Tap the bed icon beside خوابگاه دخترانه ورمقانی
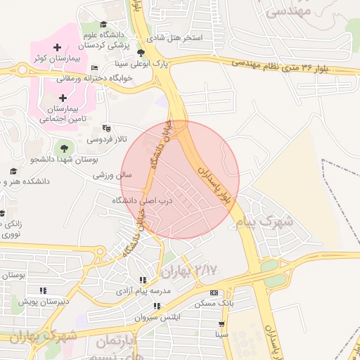coord(94,68)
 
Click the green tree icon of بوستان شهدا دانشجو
coord(65,148)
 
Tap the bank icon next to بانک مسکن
coord(214,292)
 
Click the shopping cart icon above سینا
coord(222,325)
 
